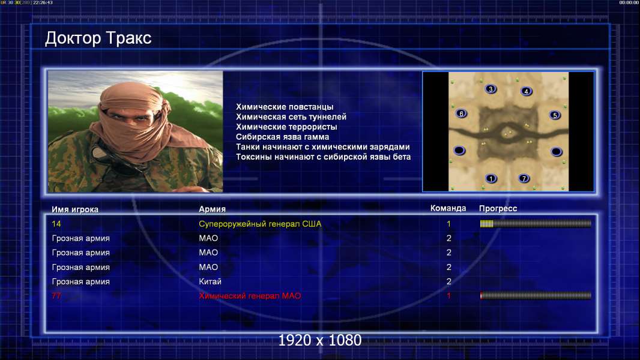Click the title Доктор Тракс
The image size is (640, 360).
coord(98,38)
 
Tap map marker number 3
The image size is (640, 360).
coord(491,89)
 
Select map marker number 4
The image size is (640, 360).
coord(526,91)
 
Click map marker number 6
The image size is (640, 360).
coord(461,114)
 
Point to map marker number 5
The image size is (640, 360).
coord(555,115)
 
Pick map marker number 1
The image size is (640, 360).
coord(491,178)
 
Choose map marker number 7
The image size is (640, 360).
coord(524,178)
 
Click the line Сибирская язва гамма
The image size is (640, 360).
coord(282,137)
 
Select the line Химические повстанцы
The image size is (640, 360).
coord(285,107)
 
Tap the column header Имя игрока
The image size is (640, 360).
coord(75,209)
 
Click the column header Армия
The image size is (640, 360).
coord(213,209)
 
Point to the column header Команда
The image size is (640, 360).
coord(448,208)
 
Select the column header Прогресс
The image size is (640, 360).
coord(498,209)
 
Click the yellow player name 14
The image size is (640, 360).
coord(56,224)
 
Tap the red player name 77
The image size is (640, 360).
coord(56,296)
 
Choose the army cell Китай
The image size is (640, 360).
coord(210,282)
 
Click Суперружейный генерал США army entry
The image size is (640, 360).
coord(260,224)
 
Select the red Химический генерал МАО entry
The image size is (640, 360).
coord(250,296)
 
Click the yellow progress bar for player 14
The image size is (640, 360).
coord(536,223)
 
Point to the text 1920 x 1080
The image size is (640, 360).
coord(320,340)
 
